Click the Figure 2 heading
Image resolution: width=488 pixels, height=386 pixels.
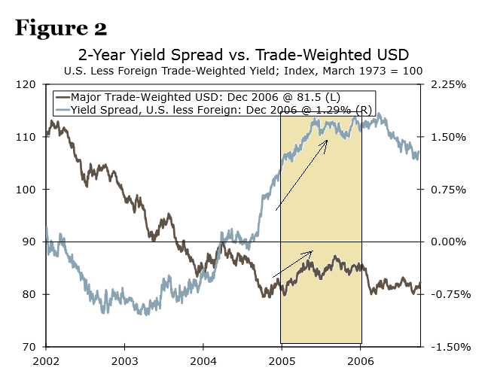click(x=61, y=28)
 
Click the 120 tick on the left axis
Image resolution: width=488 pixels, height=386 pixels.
click(x=28, y=85)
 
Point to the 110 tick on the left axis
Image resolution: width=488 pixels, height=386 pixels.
click(x=28, y=137)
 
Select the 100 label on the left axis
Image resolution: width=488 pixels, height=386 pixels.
click(x=28, y=190)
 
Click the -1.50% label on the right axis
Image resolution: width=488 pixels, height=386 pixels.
click(x=447, y=347)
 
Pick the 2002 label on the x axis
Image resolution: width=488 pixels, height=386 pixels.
click(x=46, y=360)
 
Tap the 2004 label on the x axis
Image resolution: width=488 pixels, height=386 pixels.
click(x=203, y=360)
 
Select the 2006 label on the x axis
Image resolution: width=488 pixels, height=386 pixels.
click(x=361, y=360)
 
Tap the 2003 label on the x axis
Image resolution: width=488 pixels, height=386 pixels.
click(x=124, y=360)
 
